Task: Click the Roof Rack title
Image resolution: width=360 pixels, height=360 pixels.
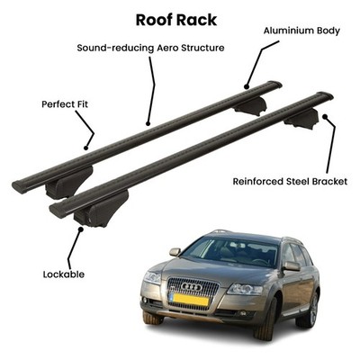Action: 176,20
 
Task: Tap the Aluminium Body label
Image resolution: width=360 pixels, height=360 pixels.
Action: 301,31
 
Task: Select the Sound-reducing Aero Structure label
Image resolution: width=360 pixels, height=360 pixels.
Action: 150,48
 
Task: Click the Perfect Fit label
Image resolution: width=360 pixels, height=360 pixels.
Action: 65,104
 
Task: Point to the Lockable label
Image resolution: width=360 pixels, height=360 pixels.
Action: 64,274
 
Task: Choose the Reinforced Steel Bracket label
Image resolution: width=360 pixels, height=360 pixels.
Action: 290,182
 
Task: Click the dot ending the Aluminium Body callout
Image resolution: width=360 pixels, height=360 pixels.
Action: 247,87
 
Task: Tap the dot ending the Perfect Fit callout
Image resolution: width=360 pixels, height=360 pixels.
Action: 85,148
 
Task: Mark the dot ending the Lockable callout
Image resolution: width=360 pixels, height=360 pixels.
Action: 80,229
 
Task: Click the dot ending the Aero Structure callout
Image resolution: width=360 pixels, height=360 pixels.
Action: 148,123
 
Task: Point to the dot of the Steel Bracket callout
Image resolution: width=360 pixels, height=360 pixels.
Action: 325,116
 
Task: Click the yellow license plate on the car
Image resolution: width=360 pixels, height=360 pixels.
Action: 189,300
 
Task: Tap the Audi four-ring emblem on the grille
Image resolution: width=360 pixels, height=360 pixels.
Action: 192,287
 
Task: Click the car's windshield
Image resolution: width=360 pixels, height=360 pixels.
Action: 229,251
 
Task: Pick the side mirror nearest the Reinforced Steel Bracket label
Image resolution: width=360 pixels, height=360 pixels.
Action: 292,265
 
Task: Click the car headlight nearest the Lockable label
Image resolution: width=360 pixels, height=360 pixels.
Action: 153,277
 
